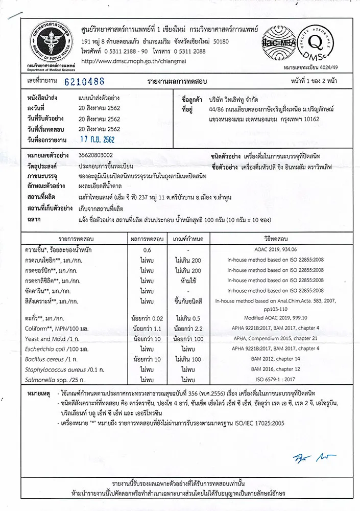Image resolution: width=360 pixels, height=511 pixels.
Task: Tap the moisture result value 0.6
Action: click(x=147, y=250)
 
